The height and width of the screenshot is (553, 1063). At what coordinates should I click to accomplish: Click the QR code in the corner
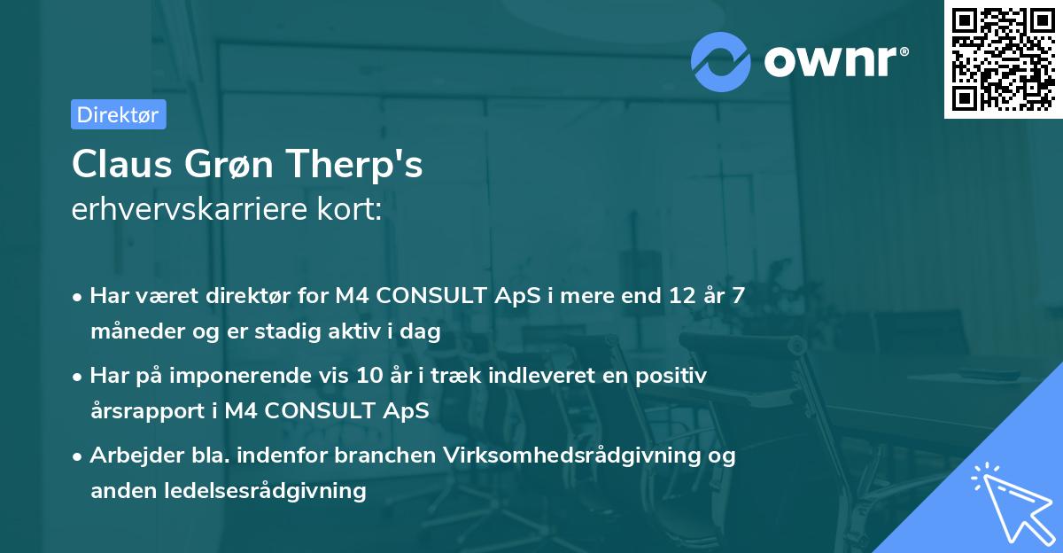[x=1003, y=59]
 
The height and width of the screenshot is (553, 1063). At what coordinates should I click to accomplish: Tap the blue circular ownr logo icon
[x=721, y=61]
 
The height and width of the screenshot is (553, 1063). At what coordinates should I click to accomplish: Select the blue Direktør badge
[x=118, y=114]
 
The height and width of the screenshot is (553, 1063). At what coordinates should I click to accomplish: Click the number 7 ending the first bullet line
[x=737, y=296]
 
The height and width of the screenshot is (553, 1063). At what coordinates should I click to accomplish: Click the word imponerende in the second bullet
[x=269, y=377]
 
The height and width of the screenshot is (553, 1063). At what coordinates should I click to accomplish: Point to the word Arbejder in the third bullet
[x=128, y=456]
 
